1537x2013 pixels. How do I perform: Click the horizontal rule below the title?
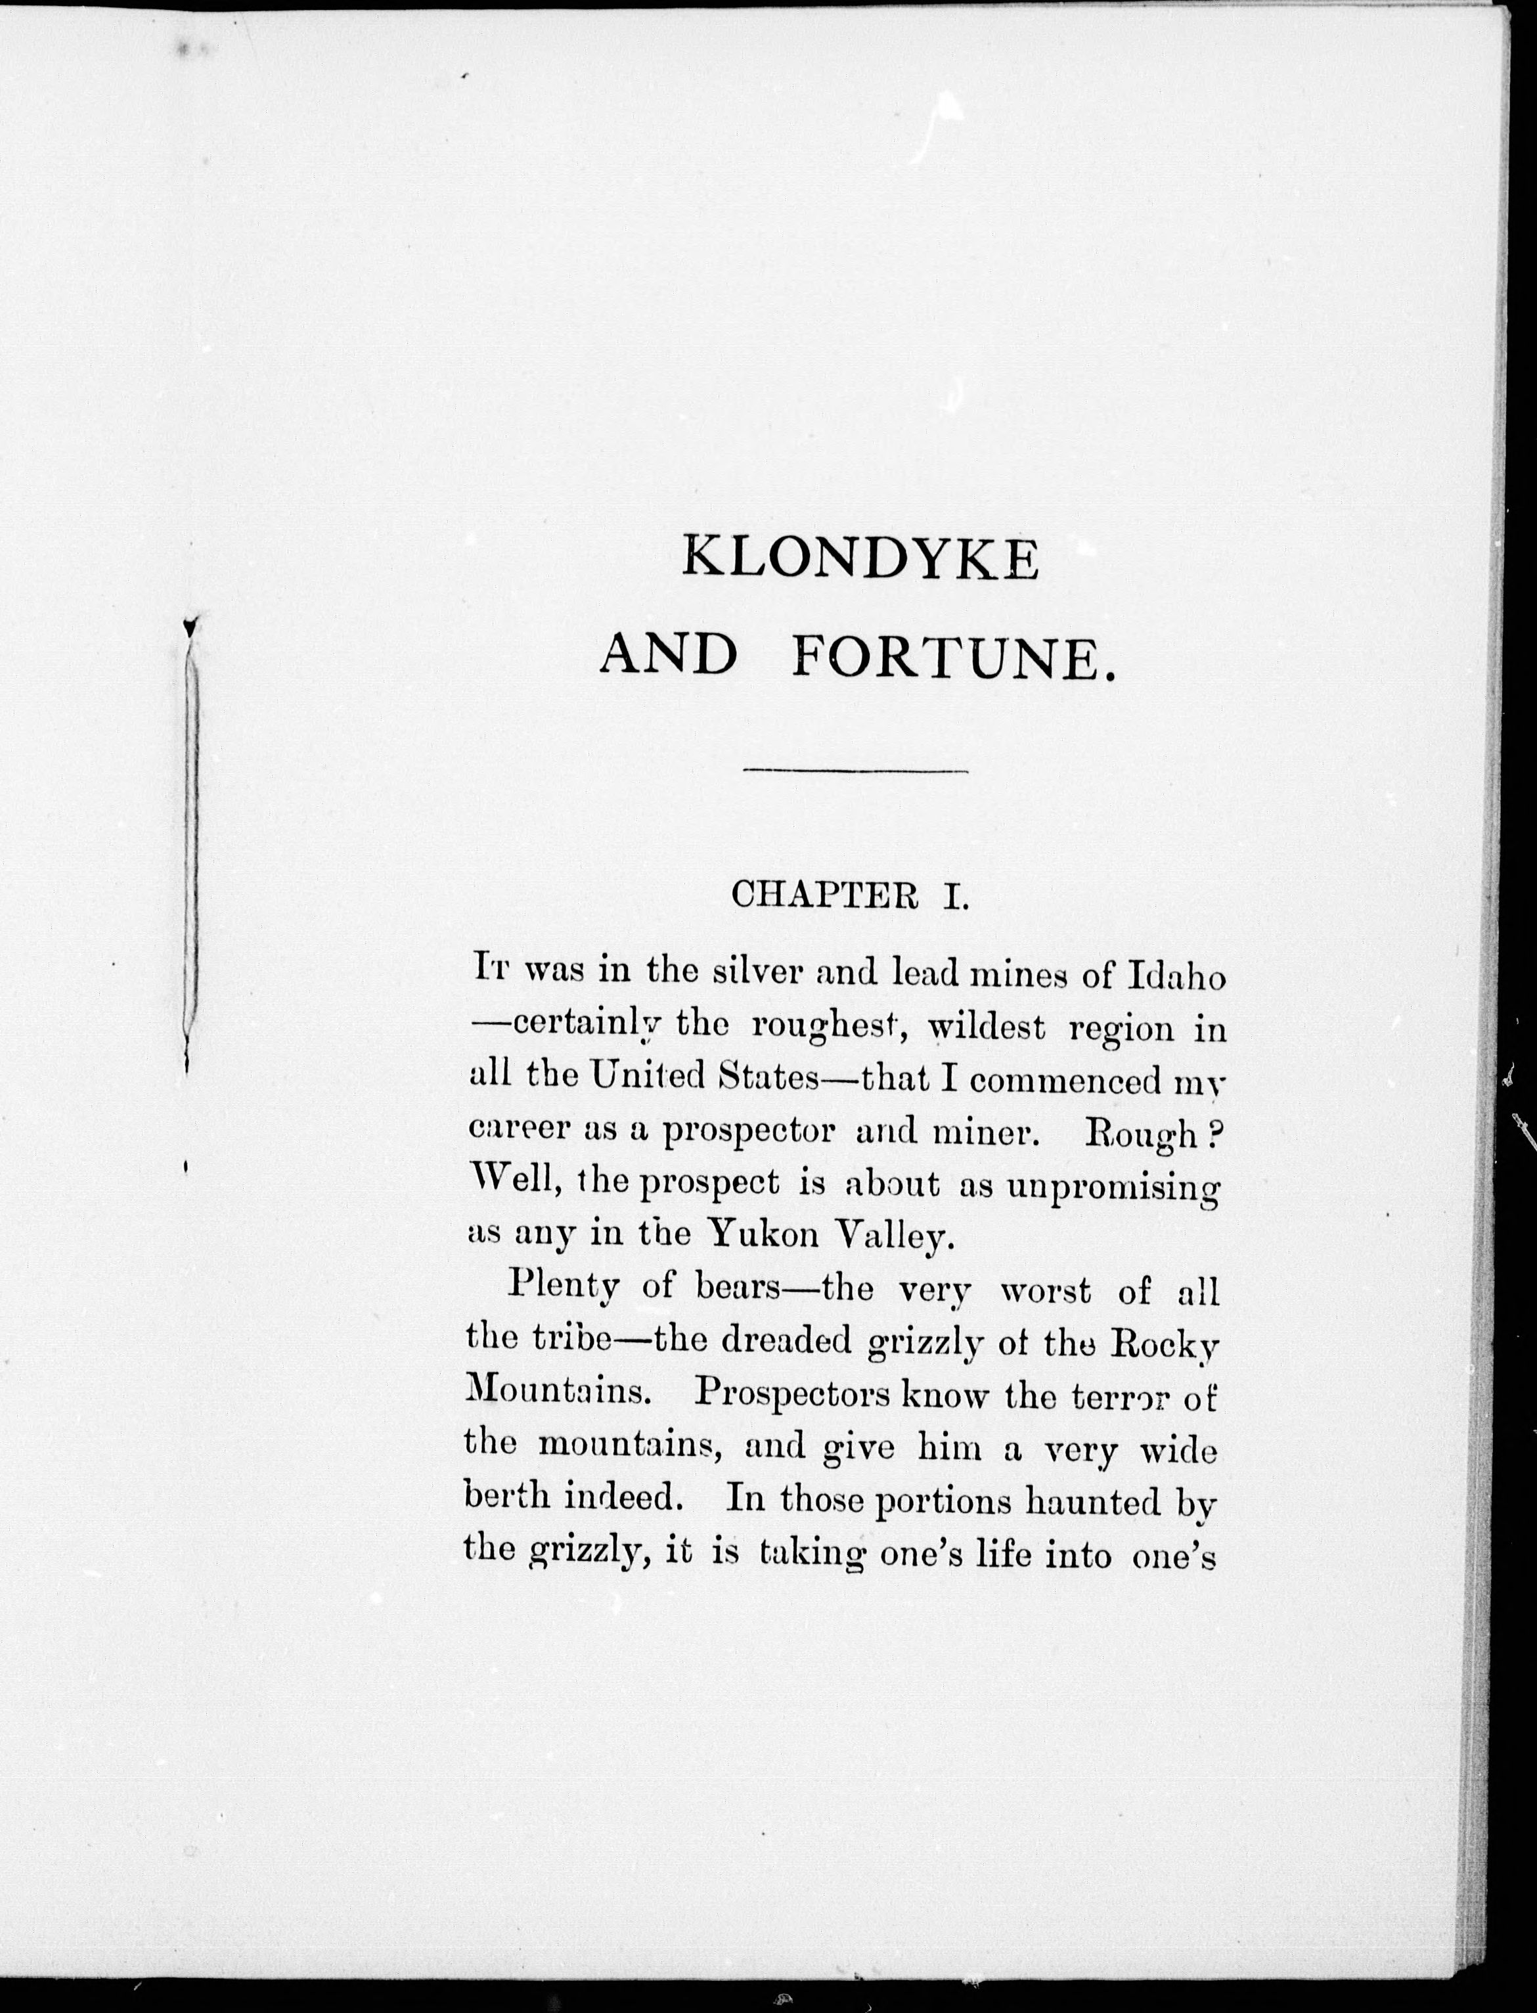(x=855, y=771)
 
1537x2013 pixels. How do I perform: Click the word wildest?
(x=987, y=1028)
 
